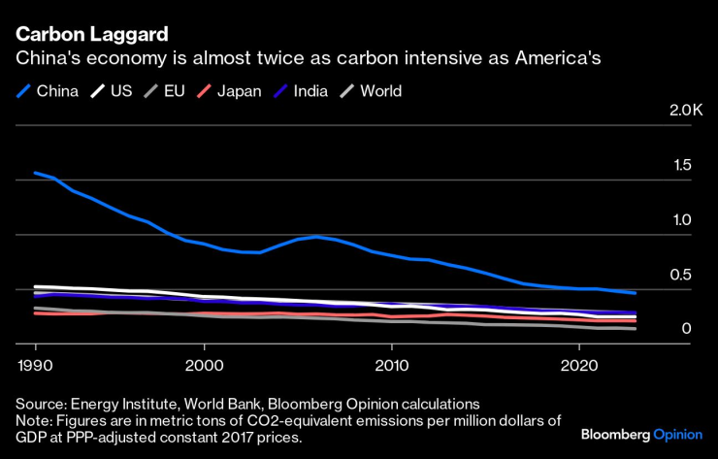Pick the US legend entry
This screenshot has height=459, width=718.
[111, 91]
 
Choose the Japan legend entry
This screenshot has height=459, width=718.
[228, 91]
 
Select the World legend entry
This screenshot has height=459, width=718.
[370, 91]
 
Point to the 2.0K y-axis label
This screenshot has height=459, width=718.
[685, 111]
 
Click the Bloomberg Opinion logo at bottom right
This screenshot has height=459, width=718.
[640, 433]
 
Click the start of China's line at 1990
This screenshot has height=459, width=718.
[35, 173]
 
